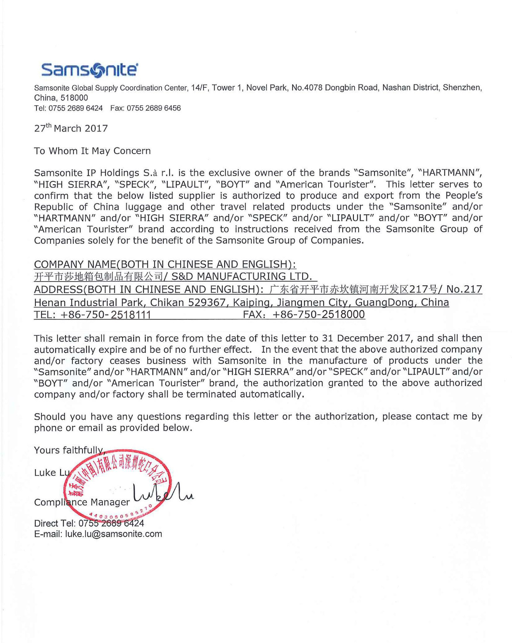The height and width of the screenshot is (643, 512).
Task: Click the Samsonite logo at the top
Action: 89,70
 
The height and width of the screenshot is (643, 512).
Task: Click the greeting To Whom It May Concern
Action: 92,151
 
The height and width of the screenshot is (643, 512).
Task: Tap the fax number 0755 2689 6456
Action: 154,108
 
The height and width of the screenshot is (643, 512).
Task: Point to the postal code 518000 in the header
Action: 74,98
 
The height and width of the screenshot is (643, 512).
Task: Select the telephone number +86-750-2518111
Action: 106,315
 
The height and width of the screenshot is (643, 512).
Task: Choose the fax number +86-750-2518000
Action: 318,314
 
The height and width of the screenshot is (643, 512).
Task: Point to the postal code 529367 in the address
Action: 207,303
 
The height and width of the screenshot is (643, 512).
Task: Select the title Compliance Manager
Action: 82,502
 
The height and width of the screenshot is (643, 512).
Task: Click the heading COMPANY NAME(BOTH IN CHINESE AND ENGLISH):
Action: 165,265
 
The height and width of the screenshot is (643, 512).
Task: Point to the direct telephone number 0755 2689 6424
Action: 111,523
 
